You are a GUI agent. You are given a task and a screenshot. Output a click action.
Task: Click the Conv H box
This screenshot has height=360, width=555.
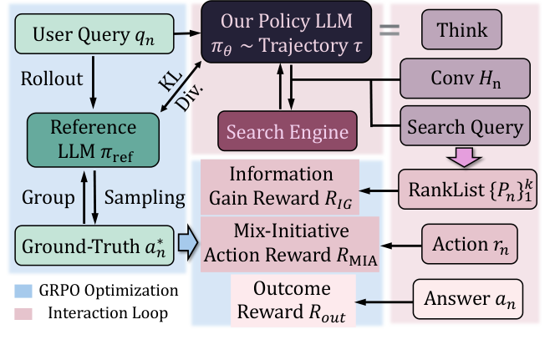(x=464, y=81)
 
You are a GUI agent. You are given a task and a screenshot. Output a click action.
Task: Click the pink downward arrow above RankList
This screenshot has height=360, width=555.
(x=463, y=155)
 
